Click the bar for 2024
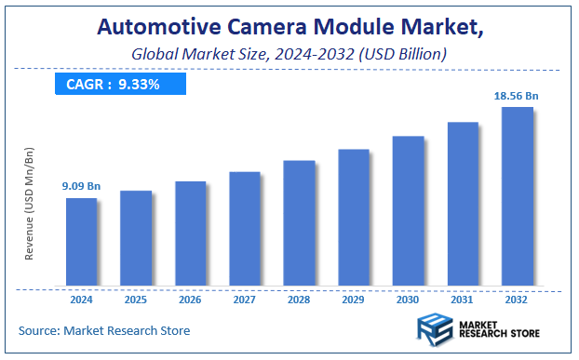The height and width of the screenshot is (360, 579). pos(81,242)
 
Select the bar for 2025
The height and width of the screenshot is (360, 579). pos(136,238)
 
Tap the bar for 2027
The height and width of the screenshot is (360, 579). pos(245,229)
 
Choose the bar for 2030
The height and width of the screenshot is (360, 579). pos(408,211)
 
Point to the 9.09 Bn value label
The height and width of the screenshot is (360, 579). pos(81,187)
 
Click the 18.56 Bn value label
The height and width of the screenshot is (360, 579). pos(517,96)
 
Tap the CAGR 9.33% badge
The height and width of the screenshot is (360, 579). pos(120,84)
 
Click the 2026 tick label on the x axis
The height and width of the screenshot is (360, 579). pos(190,300)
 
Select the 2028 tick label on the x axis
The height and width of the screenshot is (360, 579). pos(299,300)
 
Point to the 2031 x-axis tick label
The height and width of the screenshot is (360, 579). pos(463,300)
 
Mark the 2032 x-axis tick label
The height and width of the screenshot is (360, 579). pos(517,300)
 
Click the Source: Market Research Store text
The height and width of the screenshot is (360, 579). pos(104,330)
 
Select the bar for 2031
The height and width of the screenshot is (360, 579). pos(463,204)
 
